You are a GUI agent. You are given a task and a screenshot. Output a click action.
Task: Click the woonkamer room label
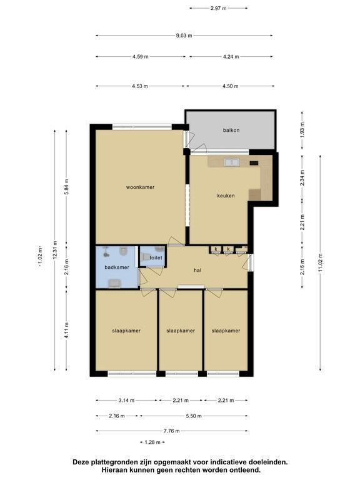(140, 187)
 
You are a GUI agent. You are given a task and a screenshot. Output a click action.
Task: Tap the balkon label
(231, 130)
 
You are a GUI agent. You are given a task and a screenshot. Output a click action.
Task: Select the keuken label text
(226, 195)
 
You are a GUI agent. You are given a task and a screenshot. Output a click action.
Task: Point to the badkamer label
(117, 267)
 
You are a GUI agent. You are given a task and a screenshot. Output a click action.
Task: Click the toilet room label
(156, 257)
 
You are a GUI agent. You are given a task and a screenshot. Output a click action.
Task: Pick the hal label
(197, 270)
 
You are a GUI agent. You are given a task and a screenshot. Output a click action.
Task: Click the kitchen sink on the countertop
(231, 162)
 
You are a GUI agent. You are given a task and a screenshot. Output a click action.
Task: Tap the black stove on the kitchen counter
(254, 163)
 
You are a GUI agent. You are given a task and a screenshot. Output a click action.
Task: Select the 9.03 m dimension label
(184, 36)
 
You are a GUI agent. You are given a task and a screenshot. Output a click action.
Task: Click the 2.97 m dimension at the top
(219, 8)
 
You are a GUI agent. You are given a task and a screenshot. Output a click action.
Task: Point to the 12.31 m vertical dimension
(55, 250)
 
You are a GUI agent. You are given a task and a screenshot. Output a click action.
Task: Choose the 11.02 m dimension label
(320, 262)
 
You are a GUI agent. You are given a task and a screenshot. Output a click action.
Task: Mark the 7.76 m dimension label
(171, 431)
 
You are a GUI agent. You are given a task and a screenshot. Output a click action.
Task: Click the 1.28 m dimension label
(152, 442)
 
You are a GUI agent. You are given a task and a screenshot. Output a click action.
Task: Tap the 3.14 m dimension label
(126, 400)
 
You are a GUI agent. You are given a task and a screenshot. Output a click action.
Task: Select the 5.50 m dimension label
(194, 416)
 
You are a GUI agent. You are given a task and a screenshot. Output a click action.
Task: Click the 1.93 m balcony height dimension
(302, 130)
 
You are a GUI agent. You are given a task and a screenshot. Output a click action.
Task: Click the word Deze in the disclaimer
(80, 462)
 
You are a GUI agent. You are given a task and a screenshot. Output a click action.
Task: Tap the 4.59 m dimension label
(141, 57)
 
